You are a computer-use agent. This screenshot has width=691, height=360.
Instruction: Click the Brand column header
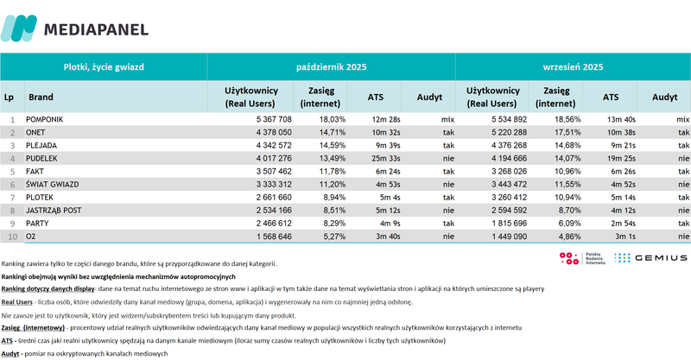pos(41,98)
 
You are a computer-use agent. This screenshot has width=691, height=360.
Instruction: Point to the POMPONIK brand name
pos(49,118)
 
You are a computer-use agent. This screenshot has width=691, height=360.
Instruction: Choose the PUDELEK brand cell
pos(45,159)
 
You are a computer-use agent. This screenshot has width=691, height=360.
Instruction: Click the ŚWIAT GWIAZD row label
pos(55,186)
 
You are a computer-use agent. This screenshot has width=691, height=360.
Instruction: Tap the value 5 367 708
pos(268,118)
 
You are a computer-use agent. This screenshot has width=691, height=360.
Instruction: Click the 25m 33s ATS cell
pos(377,159)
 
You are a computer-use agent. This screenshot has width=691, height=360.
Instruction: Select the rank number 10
pos(13,239)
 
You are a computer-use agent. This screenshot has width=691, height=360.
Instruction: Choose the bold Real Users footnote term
pos(16,302)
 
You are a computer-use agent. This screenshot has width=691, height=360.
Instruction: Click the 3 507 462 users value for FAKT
pos(268,172)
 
